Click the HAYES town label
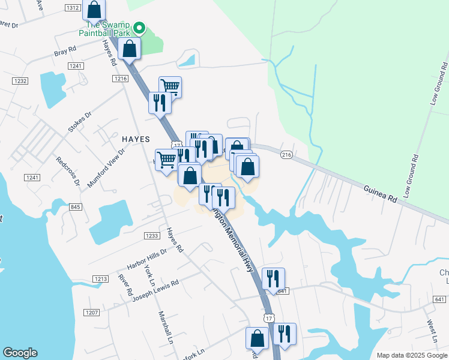tap(136, 138)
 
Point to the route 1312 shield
tap(73, 8)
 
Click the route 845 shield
tap(75, 207)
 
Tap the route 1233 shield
tap(152, 236)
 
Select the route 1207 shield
tap(92, 313)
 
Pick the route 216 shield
tap(286, 155)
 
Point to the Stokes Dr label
tap(79, 121)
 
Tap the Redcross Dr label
tap(67, 171)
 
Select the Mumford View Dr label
tap(106, 169)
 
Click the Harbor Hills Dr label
tap(146, 259)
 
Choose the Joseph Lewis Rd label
tap(155, 290)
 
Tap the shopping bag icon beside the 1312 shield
tap(94, 10)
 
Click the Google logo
tap(20, 353)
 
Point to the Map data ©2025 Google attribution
tap(411, 355)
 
